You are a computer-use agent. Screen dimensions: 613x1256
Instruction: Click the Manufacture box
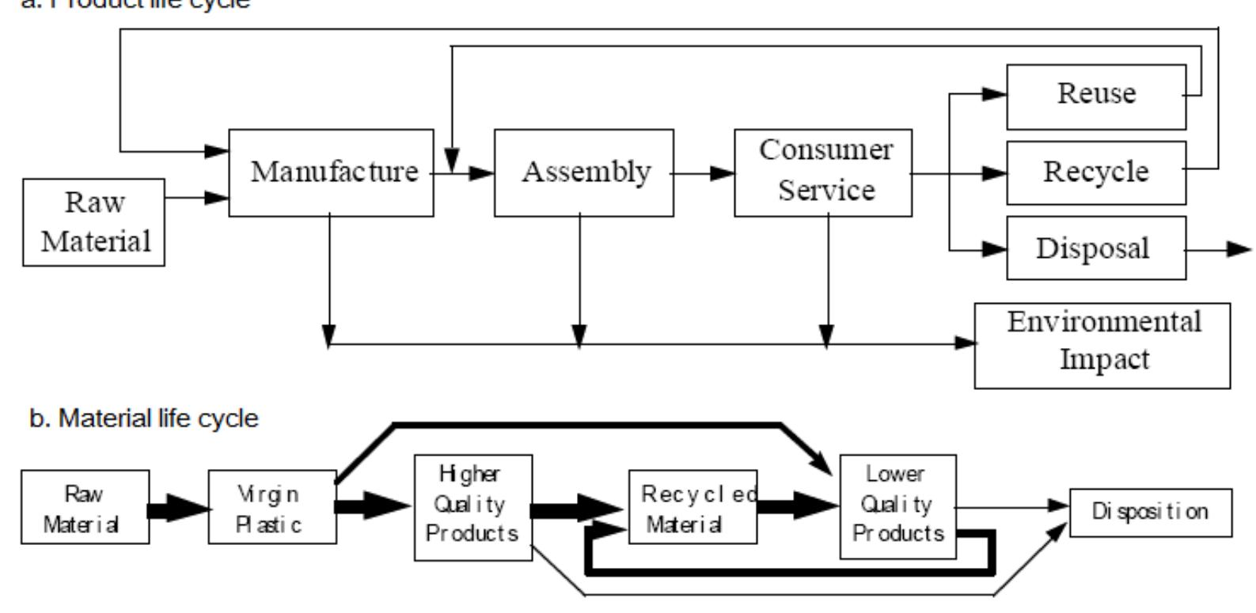pos(332,172)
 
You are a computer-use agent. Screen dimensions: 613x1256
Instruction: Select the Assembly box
pos(584,172)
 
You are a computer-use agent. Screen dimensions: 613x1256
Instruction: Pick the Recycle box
pos(1096,172)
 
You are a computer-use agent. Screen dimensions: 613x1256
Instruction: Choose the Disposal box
pos(1096,248)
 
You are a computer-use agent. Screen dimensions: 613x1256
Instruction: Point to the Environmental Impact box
pos(1102,345)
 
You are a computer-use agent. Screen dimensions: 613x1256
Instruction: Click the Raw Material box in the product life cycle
pos(94,222)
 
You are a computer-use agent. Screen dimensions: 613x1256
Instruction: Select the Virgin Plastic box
pos(272,507)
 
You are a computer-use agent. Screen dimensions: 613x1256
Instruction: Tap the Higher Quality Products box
pos(473,507)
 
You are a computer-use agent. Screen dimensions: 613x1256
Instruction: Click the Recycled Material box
pos(693,507)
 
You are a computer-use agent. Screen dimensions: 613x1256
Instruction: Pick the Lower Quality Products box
pos(897,506)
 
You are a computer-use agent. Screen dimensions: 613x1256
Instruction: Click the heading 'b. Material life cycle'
pos(143,418)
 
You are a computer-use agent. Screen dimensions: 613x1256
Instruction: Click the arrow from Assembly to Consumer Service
pos(704,172)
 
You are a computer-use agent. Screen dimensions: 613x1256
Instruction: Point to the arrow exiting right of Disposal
pos(1219,249)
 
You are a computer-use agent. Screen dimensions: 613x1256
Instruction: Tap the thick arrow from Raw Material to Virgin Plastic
pos(178,507)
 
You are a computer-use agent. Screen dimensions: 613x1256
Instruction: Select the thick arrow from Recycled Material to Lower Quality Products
pos(798,506)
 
